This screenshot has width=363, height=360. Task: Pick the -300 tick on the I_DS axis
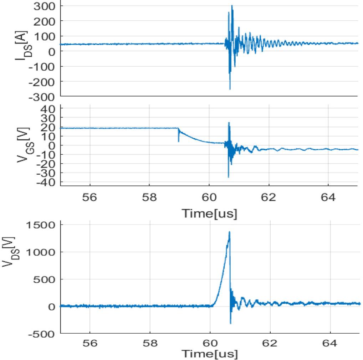tap(45, 96)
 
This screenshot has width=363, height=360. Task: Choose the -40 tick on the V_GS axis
tap(50, 182)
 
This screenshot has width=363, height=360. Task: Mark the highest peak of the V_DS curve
tap(230, 232)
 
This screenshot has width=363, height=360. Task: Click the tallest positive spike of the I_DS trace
tap(232, 6)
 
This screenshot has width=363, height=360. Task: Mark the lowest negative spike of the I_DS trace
tap(230, 89)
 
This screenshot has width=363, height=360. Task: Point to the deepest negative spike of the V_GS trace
tap(228, 177)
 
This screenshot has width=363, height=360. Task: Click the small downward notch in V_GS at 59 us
tap(178, 142)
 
